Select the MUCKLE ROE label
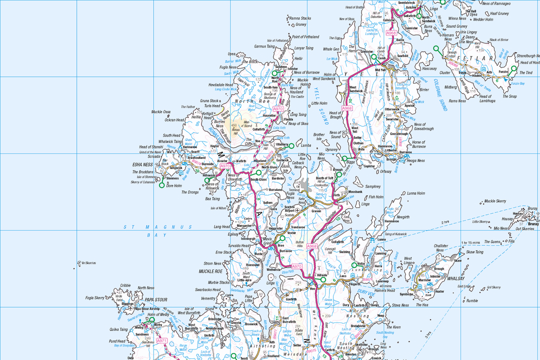[209, 271]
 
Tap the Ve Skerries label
[88, 263]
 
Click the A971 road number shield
[161, 341]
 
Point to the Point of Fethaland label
[305, 37]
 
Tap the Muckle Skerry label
[495, 201]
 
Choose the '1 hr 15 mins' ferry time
[470, 242]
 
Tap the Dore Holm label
[173, 185]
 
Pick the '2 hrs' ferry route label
[445, 222]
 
